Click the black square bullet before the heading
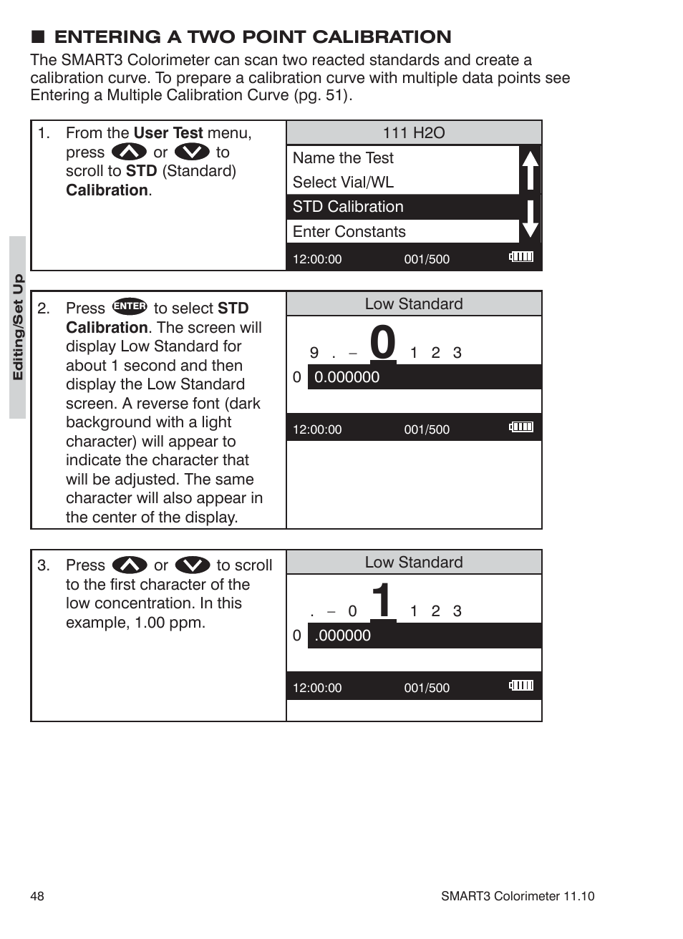(38, 37)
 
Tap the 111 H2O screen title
(413, 133)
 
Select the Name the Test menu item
(343, 158)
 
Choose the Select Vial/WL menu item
(343, 183)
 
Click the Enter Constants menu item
(349, 232)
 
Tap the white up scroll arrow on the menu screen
(530, 170)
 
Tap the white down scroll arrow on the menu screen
(530, 219)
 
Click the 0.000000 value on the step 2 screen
(347, 377)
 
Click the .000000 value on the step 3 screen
(342, 636)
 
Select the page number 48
(37, 896)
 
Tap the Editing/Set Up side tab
(18, 327)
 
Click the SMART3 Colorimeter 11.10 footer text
(517, 896)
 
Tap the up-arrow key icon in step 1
(129, 152)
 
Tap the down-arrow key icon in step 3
(192, 565)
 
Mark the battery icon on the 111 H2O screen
(521, 257)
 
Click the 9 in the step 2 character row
(314, 353)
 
